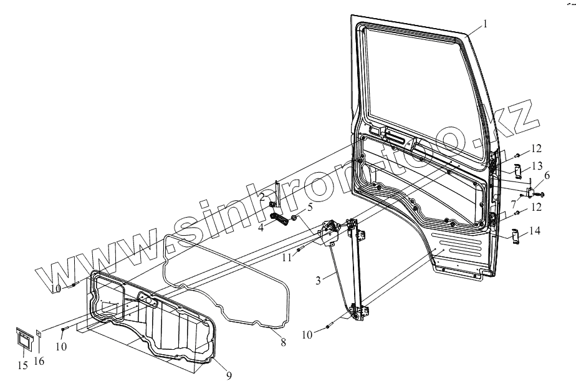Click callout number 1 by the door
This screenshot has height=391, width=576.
[486, 26]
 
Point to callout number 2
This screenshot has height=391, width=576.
[263, 198]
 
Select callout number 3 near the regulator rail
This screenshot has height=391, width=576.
[318, 281]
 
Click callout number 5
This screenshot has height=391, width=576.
[309, 207]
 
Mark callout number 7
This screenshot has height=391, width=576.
[514, 203]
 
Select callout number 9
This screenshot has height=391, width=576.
[229, 375]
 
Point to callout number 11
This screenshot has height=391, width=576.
[287, 256]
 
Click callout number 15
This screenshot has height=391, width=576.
[22, 365]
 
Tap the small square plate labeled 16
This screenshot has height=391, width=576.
[38, 334]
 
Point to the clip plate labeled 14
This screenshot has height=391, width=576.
[516, 237]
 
